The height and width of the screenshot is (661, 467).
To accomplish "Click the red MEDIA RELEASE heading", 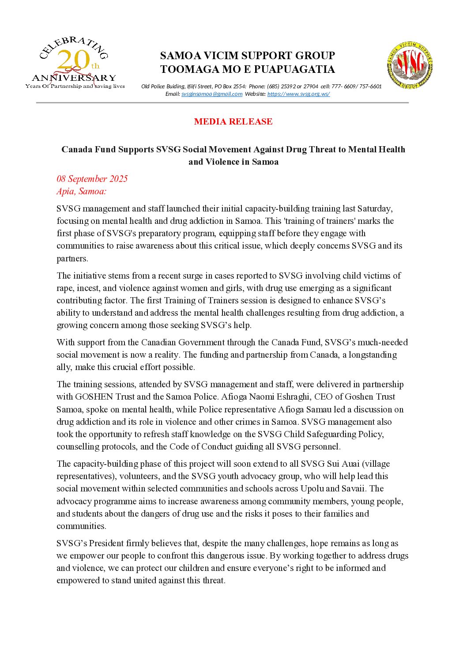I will tap(233, 121).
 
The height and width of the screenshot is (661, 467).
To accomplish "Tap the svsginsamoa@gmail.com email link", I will tap(212, 94).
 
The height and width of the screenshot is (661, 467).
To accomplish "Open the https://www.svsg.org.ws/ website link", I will tap(298, 94).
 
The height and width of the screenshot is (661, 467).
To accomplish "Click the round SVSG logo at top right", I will tap(410, 65).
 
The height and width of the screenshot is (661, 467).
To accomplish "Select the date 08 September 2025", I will tap(92, 179).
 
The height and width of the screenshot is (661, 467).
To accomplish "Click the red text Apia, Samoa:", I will tap(81, 191).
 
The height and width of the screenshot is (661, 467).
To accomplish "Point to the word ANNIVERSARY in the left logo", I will tap(74, 78).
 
